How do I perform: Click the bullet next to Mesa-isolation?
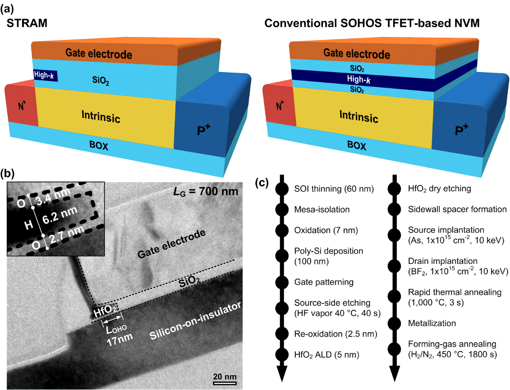pos(281,210)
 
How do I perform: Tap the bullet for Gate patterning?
pos(281,282)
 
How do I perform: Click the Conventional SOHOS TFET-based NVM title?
pos(379,23)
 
